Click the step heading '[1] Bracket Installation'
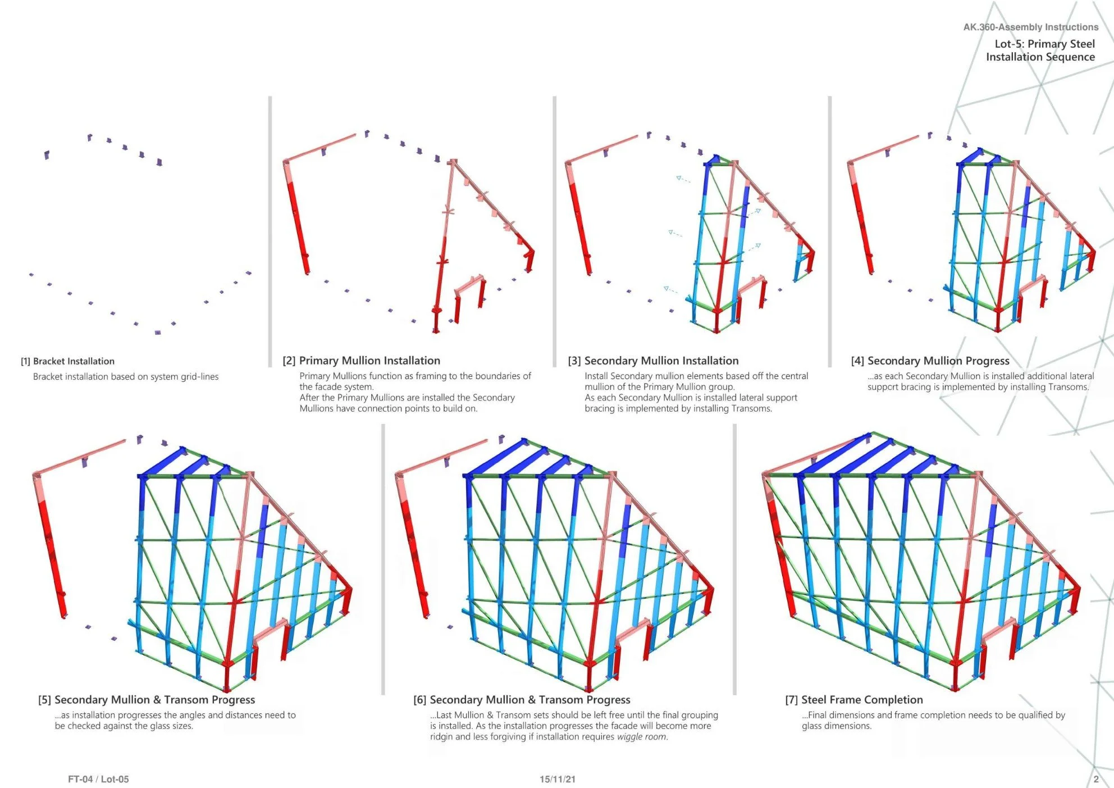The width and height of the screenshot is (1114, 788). tap(67, 361)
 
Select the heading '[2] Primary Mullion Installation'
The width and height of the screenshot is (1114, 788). tap(361, 361)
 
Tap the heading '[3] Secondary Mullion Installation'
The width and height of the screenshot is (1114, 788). tap(653, 361)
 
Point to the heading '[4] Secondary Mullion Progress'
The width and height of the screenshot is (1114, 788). tap(930, 361)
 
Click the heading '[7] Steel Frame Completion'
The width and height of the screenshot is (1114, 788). tap(853, 700)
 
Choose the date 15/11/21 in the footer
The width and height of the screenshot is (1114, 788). tap(557, 779)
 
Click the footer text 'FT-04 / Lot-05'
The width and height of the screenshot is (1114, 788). tap(98, 779)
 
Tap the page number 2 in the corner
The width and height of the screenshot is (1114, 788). tap(1096, 779)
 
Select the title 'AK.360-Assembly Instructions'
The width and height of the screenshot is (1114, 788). tap(1031, 27)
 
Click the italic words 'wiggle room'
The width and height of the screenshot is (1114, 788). tap(642, 736)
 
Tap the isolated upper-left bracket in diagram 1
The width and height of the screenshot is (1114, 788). tap(47, 154)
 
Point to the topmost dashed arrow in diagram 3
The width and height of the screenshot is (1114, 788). tap(683, 180)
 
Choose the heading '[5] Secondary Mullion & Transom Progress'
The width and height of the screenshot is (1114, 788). tap(147, 700)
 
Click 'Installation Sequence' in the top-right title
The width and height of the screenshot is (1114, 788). tap(1040, 57)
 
